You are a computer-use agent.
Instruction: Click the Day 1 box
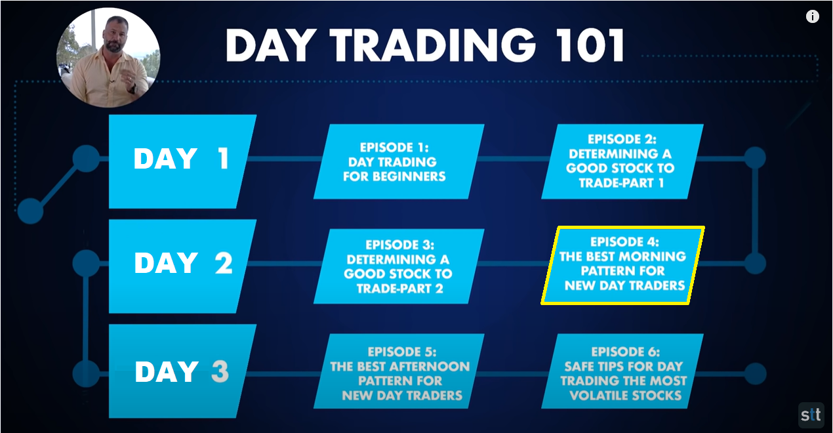click(x=182, y=161)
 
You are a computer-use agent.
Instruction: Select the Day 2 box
click(x=182, y=266)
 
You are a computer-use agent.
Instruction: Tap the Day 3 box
click(x=182, y=371)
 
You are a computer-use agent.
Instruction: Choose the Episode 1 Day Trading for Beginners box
click(x=399, y=161)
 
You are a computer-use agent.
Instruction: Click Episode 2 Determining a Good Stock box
click(x=622, y=161)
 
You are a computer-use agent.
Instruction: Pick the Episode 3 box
click(x=399, y=266)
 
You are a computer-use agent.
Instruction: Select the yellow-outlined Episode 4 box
click(x=622, y=265)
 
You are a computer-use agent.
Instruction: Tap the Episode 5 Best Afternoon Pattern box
click(x=399, y=371)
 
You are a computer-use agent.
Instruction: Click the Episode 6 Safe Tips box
click(x=622, y=371)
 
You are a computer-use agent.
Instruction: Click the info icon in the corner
click(x=812, y=17)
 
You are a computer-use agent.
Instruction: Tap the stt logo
click(x=811, y=415)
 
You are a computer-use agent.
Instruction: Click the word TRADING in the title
click(x=433, y=45)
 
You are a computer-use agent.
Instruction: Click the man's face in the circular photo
click(x=115, y=34)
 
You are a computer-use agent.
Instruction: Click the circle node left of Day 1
click(x=87, y=159)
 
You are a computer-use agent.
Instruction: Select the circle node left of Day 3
click(x=87, y=373)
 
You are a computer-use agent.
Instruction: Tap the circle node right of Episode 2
click(x=756, y=157)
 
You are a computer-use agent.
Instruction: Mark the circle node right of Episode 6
click(x=756, y=373)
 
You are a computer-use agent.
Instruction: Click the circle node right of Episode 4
click(x=756, y=263)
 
